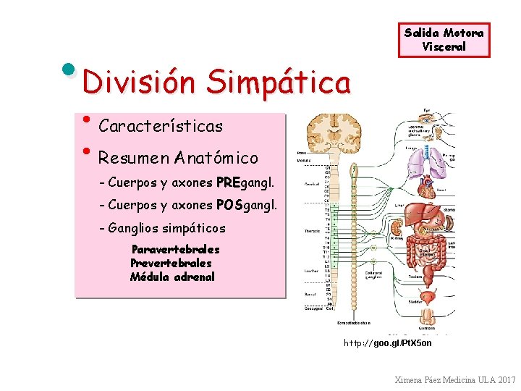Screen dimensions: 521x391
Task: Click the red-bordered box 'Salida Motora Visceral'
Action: (444, 40)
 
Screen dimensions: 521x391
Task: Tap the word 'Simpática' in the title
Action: (278, 82)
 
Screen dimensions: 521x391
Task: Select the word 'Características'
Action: (161, 126)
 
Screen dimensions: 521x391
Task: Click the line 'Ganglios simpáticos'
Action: (166, 228)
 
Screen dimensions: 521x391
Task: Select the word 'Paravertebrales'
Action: (176, 249)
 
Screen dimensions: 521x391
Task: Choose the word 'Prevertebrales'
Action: (171, 263)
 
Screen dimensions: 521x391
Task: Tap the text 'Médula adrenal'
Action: (172, 277)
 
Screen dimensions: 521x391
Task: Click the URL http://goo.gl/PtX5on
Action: (387, 342)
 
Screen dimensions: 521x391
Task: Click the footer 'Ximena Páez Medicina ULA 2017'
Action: (455, 379)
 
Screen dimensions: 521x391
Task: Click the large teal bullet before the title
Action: (69, 70)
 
